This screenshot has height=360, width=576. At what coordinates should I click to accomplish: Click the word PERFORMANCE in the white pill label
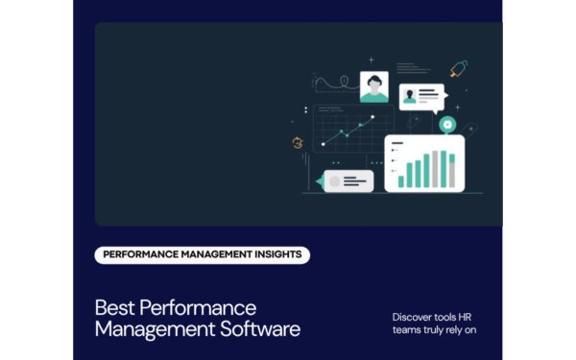pyautogui.click(x=140, y=254)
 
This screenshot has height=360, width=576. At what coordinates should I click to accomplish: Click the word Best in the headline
pyautogui.click(x=114, y=308)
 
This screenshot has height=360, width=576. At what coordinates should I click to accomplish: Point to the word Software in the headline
pyautogui.click(x=258, y=329)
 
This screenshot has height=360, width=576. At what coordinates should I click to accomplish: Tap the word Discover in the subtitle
pyautogui.click(x=415, y=317)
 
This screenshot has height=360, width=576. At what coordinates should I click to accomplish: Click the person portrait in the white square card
pyautogui.click(x=373, y=86)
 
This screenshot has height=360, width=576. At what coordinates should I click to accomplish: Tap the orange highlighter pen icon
pyautogui.click(x=458, y=69)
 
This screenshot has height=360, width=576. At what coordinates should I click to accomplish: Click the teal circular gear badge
pyautogui.click(x=446, y=124)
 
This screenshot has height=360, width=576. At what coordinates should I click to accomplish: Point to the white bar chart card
pyautogui.click(x=424, y=163)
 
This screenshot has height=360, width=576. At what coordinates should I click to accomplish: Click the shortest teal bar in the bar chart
pyautogui.click(x=402, y=180)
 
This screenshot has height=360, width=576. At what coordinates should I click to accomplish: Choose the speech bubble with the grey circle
pyautogui.click(x=348, y=180)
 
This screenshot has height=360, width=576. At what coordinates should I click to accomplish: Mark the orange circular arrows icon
pyautogui.click(x=298, y=143)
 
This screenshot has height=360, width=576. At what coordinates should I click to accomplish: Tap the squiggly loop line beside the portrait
pyautogui.click(x=331, y=84)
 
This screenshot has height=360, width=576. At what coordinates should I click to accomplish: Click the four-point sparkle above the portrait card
pyautogui.click(x=371, y=60)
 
